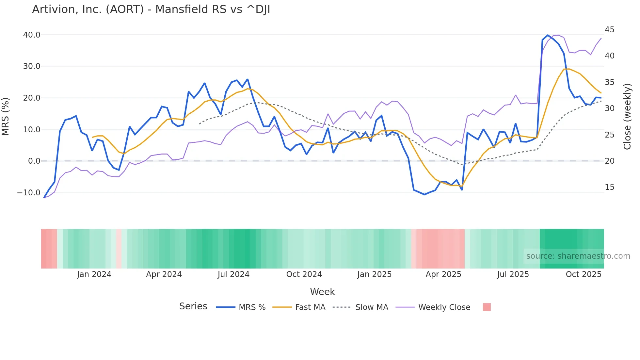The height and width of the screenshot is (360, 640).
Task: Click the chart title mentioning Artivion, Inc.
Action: (151, 9)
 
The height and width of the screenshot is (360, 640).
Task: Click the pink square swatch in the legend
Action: (487, 307)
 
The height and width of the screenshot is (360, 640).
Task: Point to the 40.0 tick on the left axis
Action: (32, 35)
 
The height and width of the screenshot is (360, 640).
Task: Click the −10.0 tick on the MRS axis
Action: (29, 193)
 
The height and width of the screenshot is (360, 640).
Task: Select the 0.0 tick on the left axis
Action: (34, 161)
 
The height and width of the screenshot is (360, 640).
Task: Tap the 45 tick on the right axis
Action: (609, 30)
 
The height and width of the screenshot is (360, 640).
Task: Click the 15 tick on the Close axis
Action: (609, 187)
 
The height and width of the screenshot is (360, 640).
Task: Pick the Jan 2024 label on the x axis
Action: (94, 274)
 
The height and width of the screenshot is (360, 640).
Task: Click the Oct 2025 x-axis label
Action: (583, 274)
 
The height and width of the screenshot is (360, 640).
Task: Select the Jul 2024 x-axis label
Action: (233, 274)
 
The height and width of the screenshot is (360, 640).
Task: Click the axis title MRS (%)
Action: (6, 116)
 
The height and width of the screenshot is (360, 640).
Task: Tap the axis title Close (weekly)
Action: (627, 116)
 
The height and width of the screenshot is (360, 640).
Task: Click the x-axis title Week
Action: (322, 292)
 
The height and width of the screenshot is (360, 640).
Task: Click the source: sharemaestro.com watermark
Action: (578, 256)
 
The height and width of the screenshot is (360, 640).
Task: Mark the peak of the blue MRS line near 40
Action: (548, 35)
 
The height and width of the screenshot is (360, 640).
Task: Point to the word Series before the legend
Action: (193, 306)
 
